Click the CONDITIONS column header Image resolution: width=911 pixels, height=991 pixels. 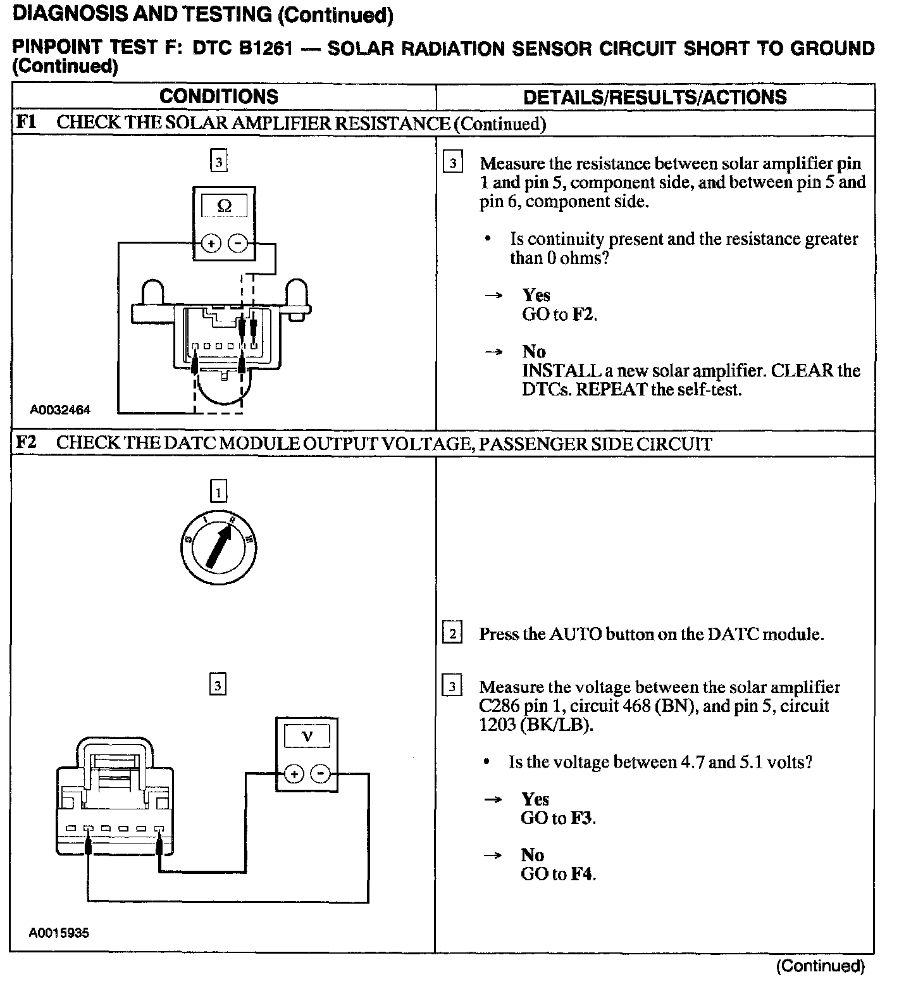point(218,97)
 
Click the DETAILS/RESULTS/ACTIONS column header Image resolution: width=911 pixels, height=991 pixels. point(655,97)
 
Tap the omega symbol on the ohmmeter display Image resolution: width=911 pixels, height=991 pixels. point(224,206)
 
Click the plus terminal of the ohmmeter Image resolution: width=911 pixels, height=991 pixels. point(211,244)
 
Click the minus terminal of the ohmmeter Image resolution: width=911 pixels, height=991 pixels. point(237,244)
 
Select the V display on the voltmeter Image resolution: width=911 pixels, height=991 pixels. point(307,736)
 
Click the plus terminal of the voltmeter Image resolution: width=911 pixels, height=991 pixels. point(294,773)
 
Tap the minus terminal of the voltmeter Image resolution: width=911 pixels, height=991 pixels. point(321,773)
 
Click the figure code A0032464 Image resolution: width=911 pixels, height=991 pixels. point(60,410)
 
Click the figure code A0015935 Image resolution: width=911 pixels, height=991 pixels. point(59,933)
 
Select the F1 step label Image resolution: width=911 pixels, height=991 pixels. point(27,122)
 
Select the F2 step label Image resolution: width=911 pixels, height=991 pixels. point(27,442)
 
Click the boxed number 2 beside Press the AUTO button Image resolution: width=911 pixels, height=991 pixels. point(452,633)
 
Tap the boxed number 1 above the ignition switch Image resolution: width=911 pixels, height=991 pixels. point(218,492)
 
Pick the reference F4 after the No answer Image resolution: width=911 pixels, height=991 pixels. point(583,874)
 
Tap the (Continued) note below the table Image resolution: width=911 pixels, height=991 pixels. point(820,966)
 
